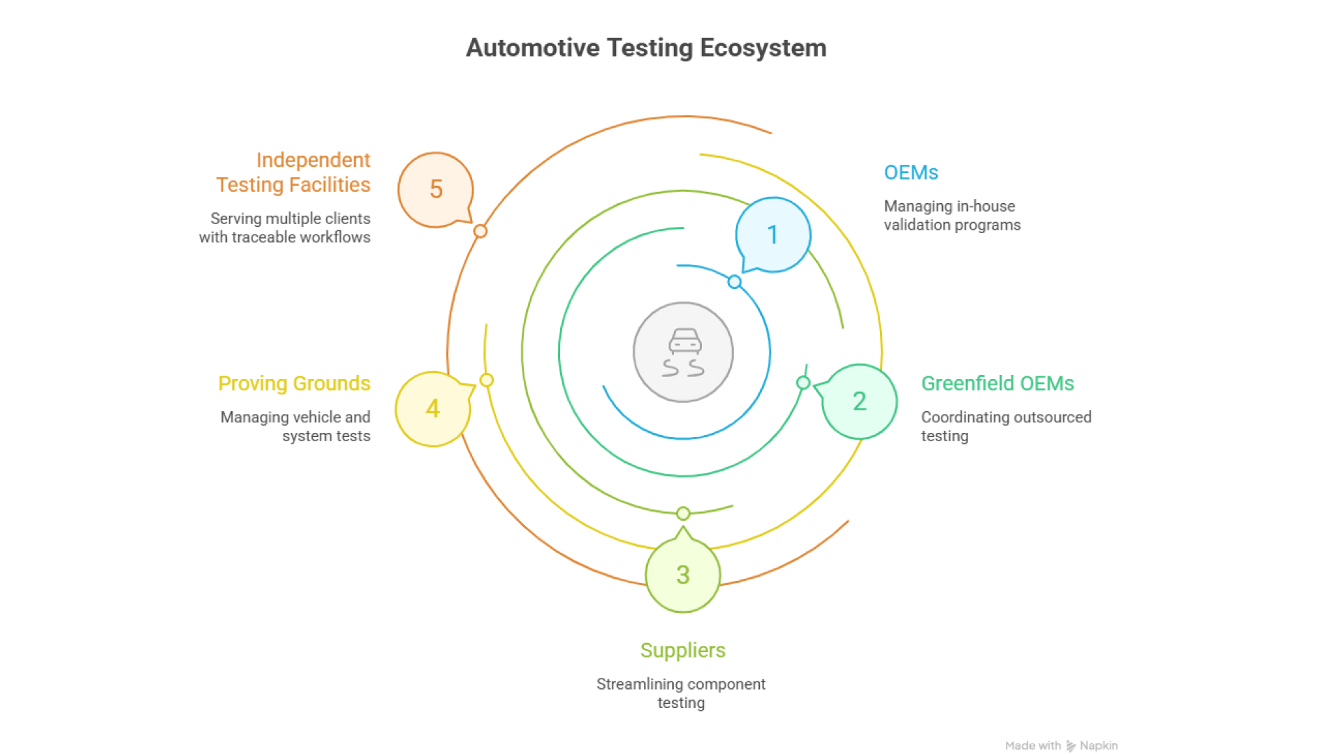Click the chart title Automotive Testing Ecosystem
646,47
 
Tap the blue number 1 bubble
773,235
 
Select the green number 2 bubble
860,401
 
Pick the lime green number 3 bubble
683,575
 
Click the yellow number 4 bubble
433,408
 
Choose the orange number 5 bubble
436,189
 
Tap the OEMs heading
911,172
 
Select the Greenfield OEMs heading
997,383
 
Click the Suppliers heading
683,650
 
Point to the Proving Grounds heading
294,383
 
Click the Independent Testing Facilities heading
293,172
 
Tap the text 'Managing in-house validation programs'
952,216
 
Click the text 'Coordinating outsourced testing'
1006,427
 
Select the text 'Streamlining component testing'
681,693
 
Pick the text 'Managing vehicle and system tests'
295,427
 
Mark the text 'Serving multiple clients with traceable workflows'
285,228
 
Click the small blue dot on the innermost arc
734,282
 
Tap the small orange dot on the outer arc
481,231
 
